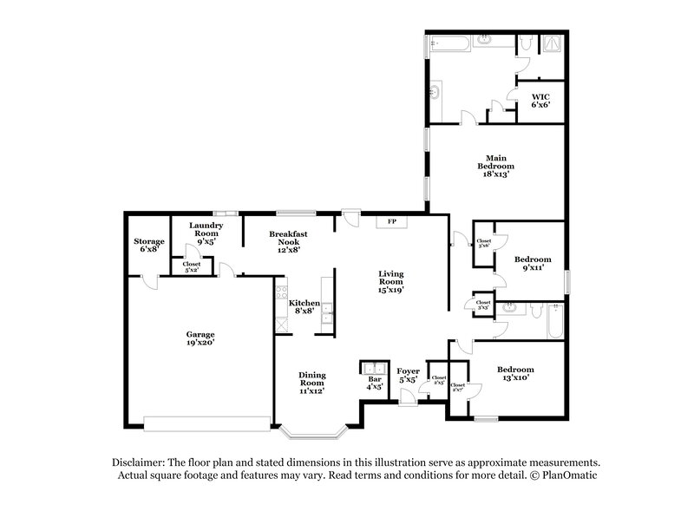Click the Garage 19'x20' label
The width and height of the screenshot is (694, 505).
(200, 338)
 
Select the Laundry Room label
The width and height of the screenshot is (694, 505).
(206, 230)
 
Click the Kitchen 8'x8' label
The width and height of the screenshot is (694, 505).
(304, 307)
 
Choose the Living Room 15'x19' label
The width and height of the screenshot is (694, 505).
(390, 282)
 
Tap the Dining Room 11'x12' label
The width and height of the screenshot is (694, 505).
(311, 382)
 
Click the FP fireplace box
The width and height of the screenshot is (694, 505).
(391, 222)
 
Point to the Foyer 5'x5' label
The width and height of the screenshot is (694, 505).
(407, 375)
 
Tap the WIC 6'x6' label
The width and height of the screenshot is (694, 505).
(540, 100)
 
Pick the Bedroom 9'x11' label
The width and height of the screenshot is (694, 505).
(532, 264)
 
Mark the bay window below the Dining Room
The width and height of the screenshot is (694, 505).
(313, 430)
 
